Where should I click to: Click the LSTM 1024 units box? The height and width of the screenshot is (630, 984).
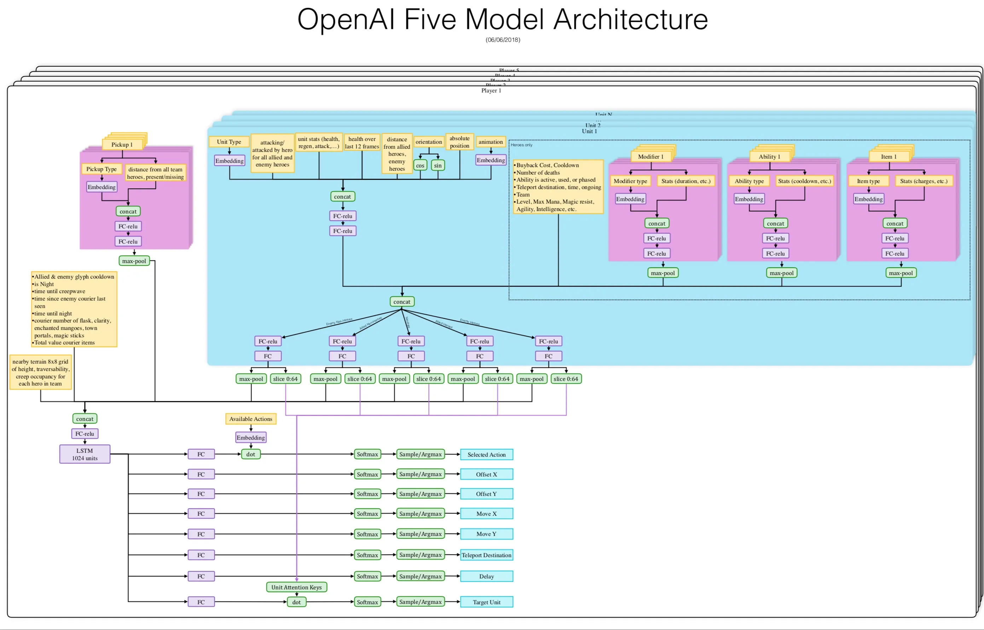click(x=85, y=454)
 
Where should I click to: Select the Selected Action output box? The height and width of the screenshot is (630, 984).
click(x=486, y=454)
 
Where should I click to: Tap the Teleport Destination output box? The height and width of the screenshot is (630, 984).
click(x=486, y=555)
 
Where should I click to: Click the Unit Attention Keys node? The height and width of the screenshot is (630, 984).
click(x=296, y=587)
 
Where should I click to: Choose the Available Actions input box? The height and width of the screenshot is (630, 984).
click(x=251, y=419)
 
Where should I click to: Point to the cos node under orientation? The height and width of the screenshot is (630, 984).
click(x=420, y=165)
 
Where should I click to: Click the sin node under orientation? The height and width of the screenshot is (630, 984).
click(x=438, y=165)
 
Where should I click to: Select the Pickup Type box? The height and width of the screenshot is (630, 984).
click(x=102, y=169)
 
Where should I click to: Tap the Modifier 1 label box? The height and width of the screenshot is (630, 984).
click(x=650, y=157)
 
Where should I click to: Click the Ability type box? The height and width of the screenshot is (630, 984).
click(x=748, y=181)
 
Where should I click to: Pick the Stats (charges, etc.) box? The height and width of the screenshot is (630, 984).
click(x=923, y=181)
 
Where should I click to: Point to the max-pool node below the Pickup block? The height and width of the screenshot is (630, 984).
click(x=134, y=261)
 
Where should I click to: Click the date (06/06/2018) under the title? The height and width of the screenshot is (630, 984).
click(x=502, y=40)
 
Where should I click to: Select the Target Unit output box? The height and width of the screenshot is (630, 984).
click(x=486, y=602)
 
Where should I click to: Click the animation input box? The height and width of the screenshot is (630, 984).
click(x=490, y=142)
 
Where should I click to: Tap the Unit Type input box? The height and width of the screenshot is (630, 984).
click(x=229, y=142)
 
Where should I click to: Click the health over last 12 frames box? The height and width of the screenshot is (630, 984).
click(x=362, y=142)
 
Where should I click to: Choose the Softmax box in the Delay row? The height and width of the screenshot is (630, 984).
click(x=367, y=577)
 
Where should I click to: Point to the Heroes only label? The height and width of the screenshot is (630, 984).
click(x=521, y=145)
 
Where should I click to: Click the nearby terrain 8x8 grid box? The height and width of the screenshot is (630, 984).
click(x=40, y=372)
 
